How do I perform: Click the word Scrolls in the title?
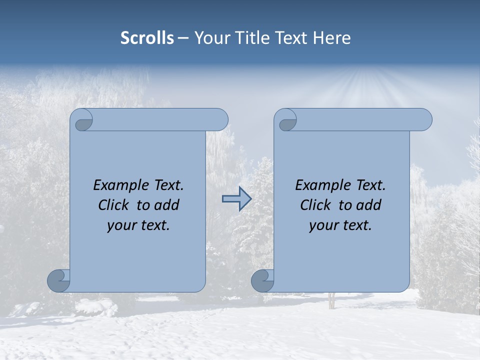[x=147, y=38]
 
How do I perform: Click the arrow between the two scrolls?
[x=236, y=199]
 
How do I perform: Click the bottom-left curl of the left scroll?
[x=59, y=280]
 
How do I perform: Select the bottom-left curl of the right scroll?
[x=262, y=280]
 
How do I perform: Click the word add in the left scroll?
[x=166, y=205]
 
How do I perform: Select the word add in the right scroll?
[x=368, y=205]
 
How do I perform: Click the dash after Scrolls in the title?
[x=183, y=38]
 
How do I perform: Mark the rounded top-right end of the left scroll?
[x=219, y=119]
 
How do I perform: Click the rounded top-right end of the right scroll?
[x=423, y=119]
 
